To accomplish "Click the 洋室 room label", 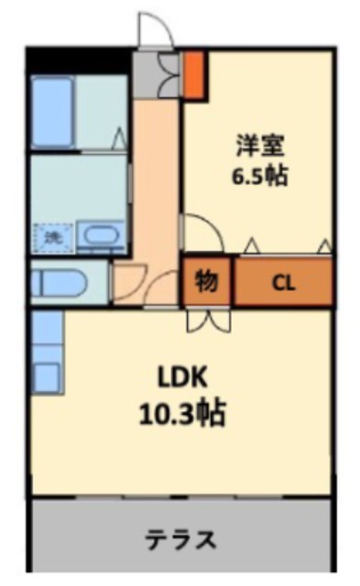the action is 260,146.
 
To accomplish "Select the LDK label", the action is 182,377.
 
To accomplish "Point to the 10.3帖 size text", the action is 182,413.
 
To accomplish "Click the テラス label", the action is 180,539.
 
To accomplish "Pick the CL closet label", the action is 283,283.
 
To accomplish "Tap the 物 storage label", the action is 206,280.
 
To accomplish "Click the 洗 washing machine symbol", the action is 53,237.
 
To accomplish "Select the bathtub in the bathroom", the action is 52,113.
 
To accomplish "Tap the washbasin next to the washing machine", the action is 101,235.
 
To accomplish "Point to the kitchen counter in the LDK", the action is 48,352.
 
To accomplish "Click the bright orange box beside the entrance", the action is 194,74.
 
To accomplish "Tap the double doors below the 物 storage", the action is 208,320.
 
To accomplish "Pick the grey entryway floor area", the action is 157,74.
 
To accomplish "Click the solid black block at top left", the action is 80,60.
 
